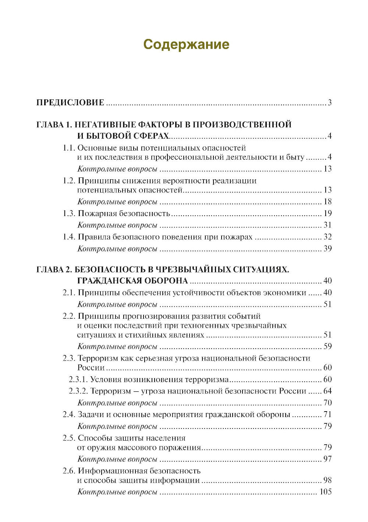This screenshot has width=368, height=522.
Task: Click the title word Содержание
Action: pos(186,44)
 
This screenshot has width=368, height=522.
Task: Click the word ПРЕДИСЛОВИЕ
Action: pos(70,103)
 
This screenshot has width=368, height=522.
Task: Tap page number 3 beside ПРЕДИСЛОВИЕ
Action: pos(330,103)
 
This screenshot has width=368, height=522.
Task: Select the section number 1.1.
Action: pos(69,148)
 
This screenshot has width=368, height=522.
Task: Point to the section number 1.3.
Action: pos(69,214)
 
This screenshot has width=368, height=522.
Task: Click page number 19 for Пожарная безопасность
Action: pos(328,214)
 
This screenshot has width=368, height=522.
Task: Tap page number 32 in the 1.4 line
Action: pos(328,237)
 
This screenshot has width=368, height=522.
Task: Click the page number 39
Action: pos(328,248)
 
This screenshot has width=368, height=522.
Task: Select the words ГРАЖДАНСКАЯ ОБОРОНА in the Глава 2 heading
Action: pos(132,281)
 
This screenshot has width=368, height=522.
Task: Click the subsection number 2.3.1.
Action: pos(78,380)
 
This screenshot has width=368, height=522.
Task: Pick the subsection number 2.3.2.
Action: pos(78,391)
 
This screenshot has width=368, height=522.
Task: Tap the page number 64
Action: pos(328,391)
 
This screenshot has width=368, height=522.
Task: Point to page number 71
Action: pos(328,415)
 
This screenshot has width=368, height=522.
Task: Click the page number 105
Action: pos(325,492)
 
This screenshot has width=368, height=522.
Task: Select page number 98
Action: pos(328,480)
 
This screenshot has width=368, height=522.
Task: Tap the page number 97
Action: pos(328,459)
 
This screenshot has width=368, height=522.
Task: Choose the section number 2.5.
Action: pos(69,438)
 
